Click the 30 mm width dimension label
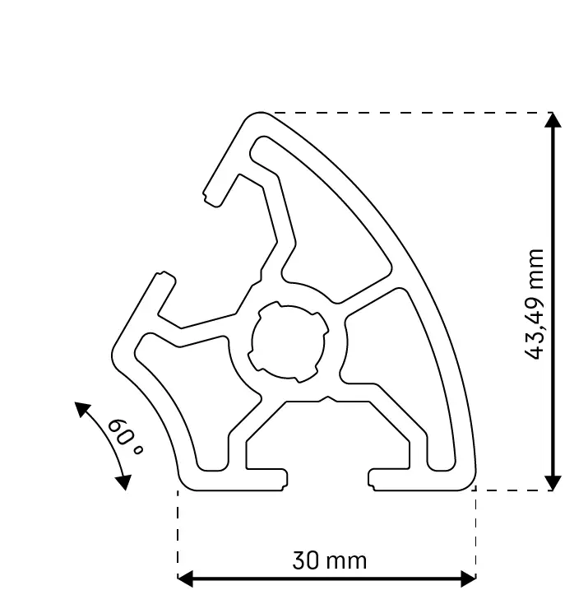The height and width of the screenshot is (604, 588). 329,561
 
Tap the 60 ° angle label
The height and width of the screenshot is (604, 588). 125,435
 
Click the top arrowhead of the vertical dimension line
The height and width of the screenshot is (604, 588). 553,120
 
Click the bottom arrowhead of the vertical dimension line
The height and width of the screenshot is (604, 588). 553,482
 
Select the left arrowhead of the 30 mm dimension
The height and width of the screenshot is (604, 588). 185,578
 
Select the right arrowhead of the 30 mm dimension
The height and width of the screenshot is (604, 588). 469,578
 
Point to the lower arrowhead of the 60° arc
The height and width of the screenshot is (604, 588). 123,481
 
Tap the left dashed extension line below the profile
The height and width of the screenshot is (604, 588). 178,535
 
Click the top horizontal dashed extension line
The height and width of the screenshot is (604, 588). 411,113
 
